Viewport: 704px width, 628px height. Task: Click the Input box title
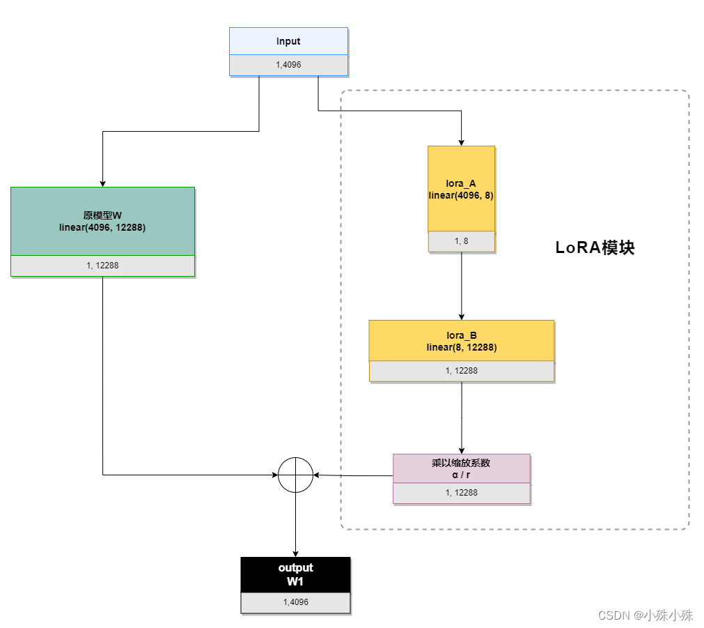pos(288,41)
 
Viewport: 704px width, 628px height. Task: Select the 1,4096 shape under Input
pos(288,65)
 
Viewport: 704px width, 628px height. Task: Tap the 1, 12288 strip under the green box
pos(102,266)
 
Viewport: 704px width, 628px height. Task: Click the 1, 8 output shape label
pos(461,241)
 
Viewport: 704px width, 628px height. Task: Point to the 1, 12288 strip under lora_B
pos(461,371)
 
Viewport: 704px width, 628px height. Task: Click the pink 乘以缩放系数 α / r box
pos(461,468)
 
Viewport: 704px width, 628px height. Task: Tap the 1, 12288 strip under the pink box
pos(461,493)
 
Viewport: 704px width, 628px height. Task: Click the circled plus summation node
pos(296,475)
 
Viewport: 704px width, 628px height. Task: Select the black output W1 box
pos(296,574)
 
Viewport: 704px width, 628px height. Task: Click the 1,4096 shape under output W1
pos(296,602)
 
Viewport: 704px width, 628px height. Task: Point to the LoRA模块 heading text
pos(595,248)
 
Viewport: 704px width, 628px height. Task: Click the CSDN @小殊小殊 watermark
pos(646,615)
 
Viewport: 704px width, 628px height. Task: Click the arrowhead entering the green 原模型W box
pos(102,183)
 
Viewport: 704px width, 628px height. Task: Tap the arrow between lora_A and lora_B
pos(461,286)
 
